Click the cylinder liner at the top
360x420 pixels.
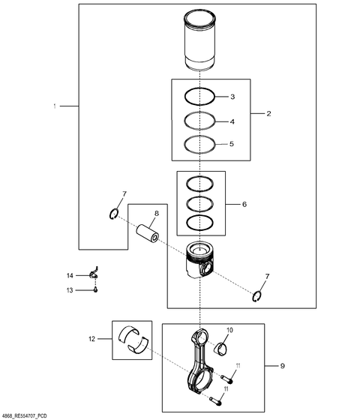point(199,40)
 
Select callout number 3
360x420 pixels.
point(232,97)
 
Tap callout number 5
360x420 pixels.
point(232,144)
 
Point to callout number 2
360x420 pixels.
point(268,113)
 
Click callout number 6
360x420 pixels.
point(244,204)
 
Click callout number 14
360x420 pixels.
point(70,276)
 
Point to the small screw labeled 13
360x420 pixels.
point(95,289)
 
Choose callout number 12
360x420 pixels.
point(91,339)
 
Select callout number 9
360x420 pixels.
point(282,366)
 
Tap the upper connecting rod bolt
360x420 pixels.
point(226,379)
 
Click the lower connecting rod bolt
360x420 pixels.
point(216,400)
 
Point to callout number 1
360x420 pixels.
point(55,106)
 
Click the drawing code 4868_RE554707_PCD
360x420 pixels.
point(25,416)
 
